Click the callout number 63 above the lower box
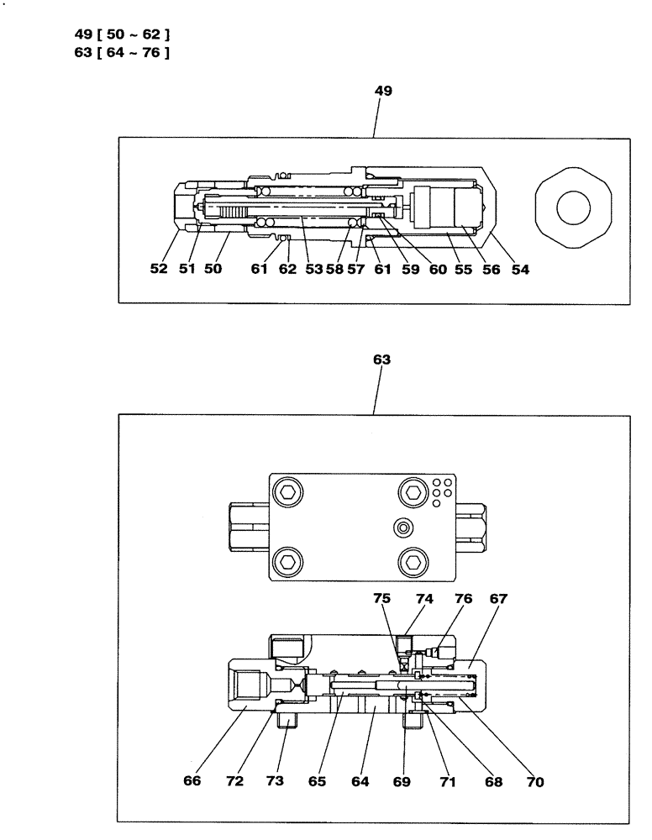point(382,360)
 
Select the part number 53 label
point(313,270)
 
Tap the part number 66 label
point(192,781)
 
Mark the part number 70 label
point(534,781)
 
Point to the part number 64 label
point(358,781)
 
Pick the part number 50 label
point(213,270)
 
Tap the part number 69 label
point(402,781)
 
